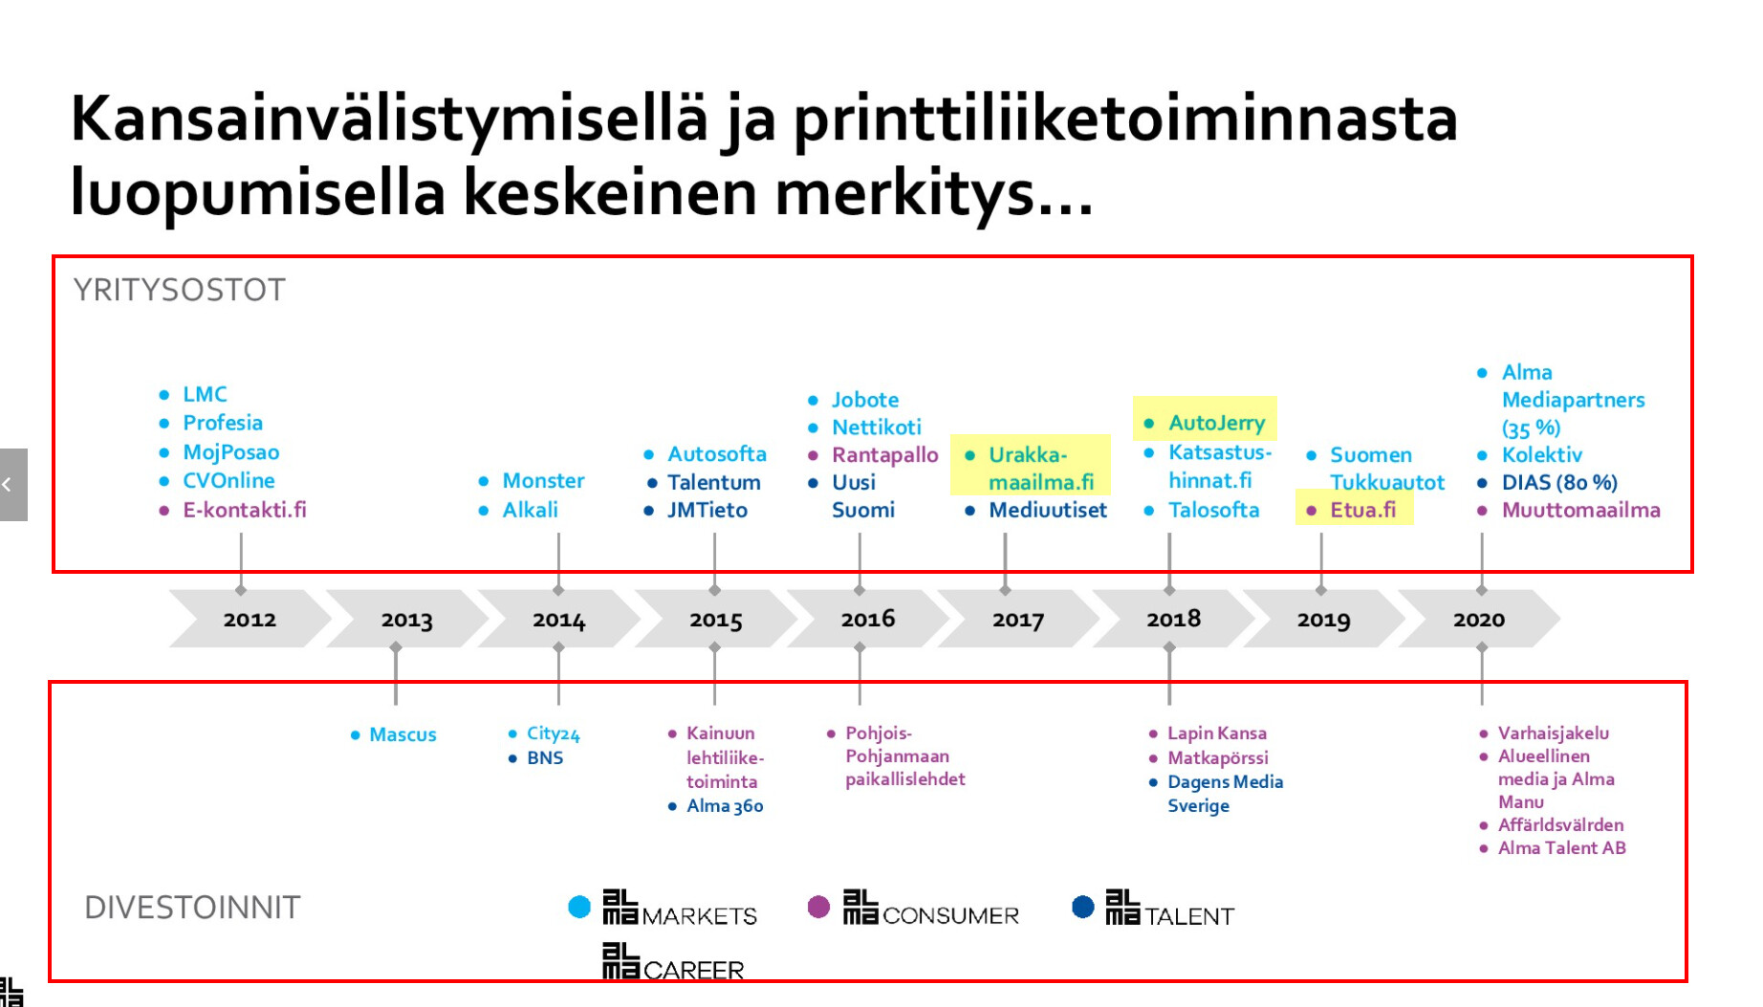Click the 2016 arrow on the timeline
pyautogui.click(x=868, y=619)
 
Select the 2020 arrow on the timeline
pyautogui.click(x=1479, y=619)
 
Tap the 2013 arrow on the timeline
pyautogui.click(x=407, y=619)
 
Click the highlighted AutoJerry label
pyautogui.click(x=1216, y=423)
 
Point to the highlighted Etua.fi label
pyautogui.click(x=1362, y=510)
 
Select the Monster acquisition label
pyautogui.click(x=543, y=480)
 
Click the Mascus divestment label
pyautogui.click(x=403, y=734)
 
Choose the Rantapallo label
pyautogui.click(x=884, y=455)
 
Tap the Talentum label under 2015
pyautogui.click(x=714, y=482)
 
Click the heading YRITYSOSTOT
pyautogui.click(x=180, y=290)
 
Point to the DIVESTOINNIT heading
pyautogui.click(x=192, y=907)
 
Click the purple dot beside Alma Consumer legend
pyautogui.click(x=818, y=907)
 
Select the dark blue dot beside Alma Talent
pyautogui.click(x=1082, y=907)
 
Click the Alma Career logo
pyautogui.click(x=673, y=962)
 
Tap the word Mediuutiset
pyautogui.click(x=1048, y=510)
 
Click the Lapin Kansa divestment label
pyautogui.click(x=1217, y=733)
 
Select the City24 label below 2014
pyautogui.click(x=553, y=733)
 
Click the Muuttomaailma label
pyautogui.click(x=1581, y=510)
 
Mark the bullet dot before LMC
pyautogui.click(x=164, y=394)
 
